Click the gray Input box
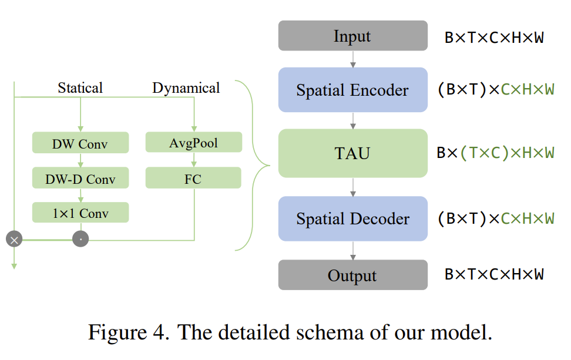point(352,36)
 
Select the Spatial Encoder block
point(352,90)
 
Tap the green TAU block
point(352,154)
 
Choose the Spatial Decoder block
point(352,218)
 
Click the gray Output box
point(352,275)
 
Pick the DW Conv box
point(80,143)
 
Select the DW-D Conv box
point(80,179)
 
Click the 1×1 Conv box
point(80,213)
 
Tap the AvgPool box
point(193,143)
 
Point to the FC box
point(193,178)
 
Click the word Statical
point(80,88)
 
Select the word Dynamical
point(186,88)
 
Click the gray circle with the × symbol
point(14,239)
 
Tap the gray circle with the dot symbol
point(80,239)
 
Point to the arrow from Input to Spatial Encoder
point(353,59)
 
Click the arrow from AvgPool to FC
point(194,160)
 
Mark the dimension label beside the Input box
point(493,38)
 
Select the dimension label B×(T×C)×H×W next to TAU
point(495,153)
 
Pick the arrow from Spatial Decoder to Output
point(353,250)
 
